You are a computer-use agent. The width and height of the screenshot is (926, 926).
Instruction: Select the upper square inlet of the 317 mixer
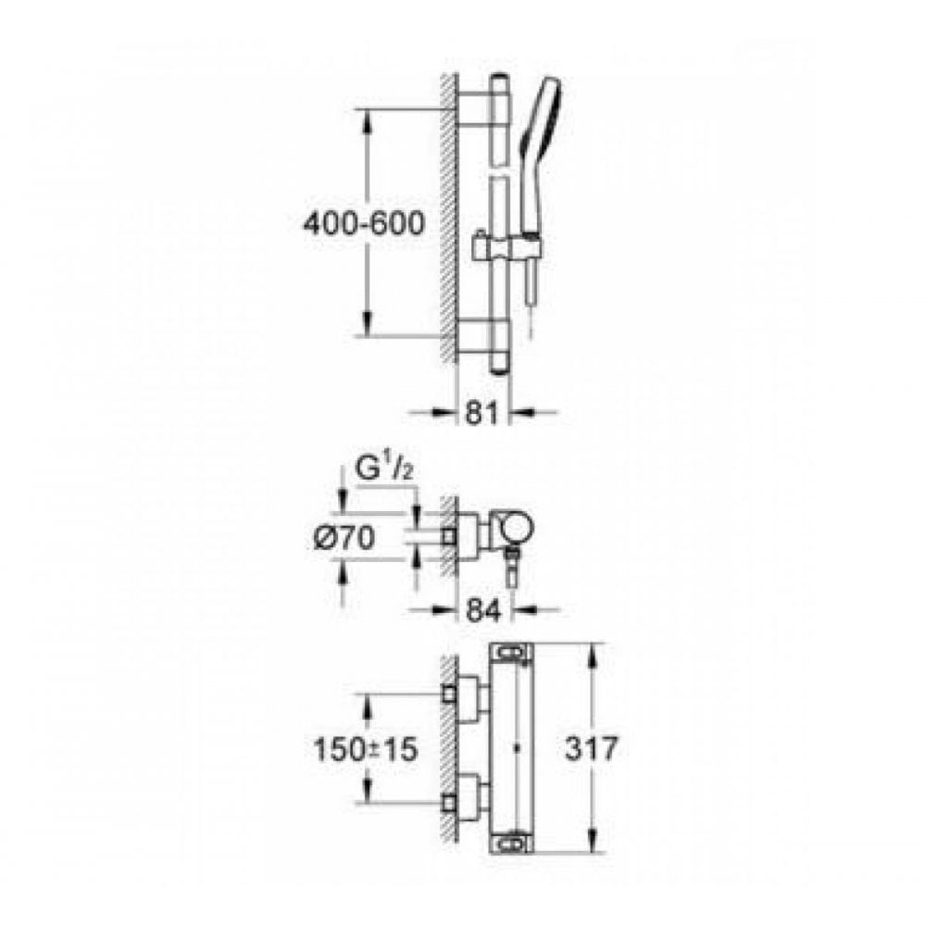453,692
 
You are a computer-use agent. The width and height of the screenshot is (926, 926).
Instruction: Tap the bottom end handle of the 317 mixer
512,843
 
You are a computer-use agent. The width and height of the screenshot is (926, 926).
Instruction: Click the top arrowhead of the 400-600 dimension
369,117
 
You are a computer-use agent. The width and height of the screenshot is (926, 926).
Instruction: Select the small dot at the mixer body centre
517,746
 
